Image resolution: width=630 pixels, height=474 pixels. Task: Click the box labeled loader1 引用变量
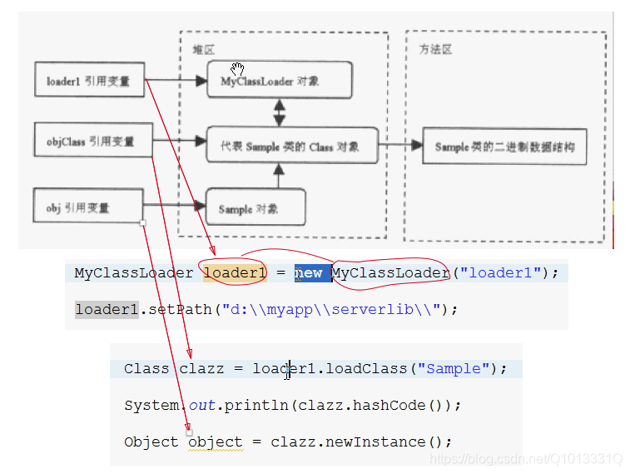[89, 81]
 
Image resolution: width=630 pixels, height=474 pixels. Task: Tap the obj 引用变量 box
[89, 206]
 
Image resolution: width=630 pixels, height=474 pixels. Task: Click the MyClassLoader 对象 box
[279, 81]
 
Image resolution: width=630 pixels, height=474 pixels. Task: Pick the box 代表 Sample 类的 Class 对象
[292, 145]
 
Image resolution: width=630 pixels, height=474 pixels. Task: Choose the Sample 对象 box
[255, 207]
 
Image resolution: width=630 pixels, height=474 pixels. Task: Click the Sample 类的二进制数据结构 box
[504, 146]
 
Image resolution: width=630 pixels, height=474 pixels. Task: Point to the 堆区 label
[203, 50]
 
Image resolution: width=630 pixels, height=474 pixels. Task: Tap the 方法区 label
[434, 50]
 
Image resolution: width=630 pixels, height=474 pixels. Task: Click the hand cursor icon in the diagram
[238, 68]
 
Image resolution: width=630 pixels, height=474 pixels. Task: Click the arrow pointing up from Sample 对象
[279, 175]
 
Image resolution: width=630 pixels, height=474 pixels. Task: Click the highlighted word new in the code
[309, 273]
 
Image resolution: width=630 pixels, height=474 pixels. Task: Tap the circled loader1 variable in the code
[235, 273]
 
